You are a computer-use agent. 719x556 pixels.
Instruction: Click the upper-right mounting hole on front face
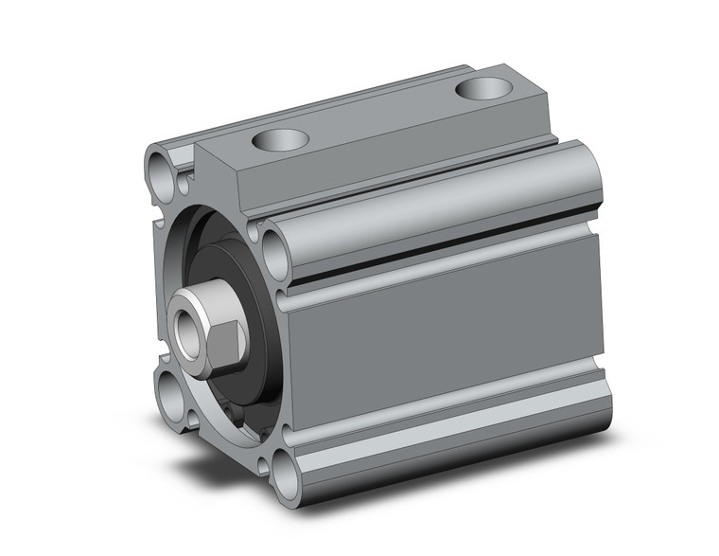tap(274, 254)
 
